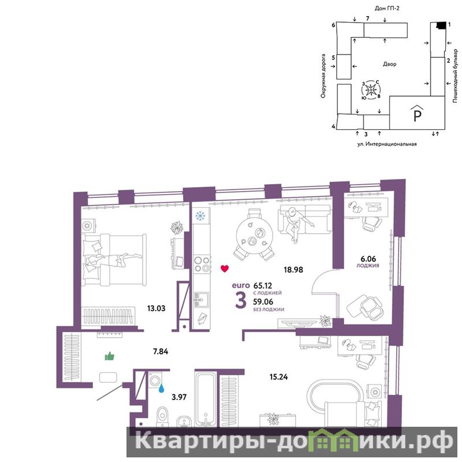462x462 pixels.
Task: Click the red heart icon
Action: (225, 269)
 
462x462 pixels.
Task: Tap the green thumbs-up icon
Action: (110, 356)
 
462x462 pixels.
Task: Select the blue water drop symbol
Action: (161, 388)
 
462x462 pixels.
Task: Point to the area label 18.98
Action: (293, 270)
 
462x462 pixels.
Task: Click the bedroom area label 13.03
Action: (156, 308)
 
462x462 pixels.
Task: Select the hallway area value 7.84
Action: (161, 351)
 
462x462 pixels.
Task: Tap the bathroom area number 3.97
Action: (179, 397)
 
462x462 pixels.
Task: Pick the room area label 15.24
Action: (278, 377)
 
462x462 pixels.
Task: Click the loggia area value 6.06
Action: (368, 259)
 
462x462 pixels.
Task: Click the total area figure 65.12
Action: (263, 285)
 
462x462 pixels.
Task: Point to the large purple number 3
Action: (241, 300)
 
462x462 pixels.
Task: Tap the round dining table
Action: (255, 236)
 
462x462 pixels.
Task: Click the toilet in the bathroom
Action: (162, 416)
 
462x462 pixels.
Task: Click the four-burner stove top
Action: (202, 264)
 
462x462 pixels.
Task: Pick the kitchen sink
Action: (201, 300)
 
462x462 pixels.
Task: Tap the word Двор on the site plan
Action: (389, 64)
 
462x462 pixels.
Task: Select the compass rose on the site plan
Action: (371, 90)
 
